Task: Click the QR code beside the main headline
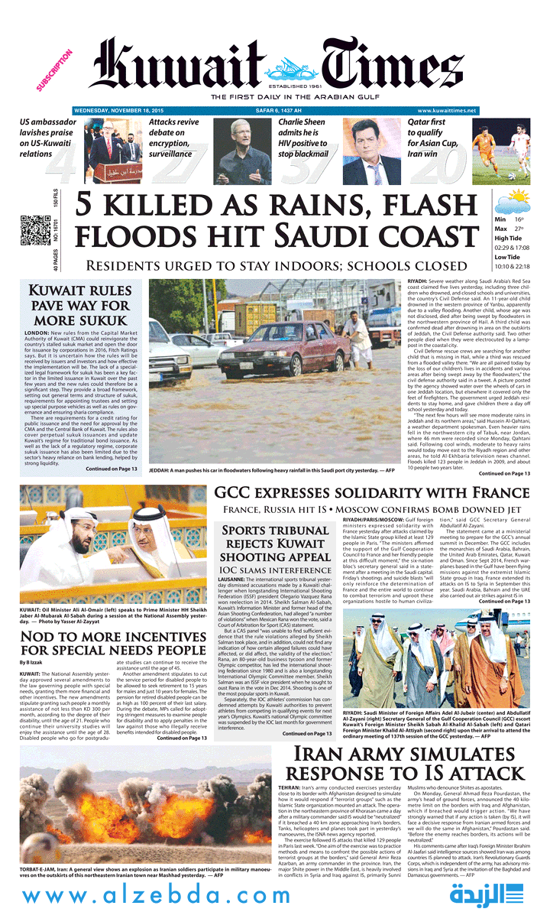click(35, 230)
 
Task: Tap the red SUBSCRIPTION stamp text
click(54, 70)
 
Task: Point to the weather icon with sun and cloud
click(513, 204)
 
